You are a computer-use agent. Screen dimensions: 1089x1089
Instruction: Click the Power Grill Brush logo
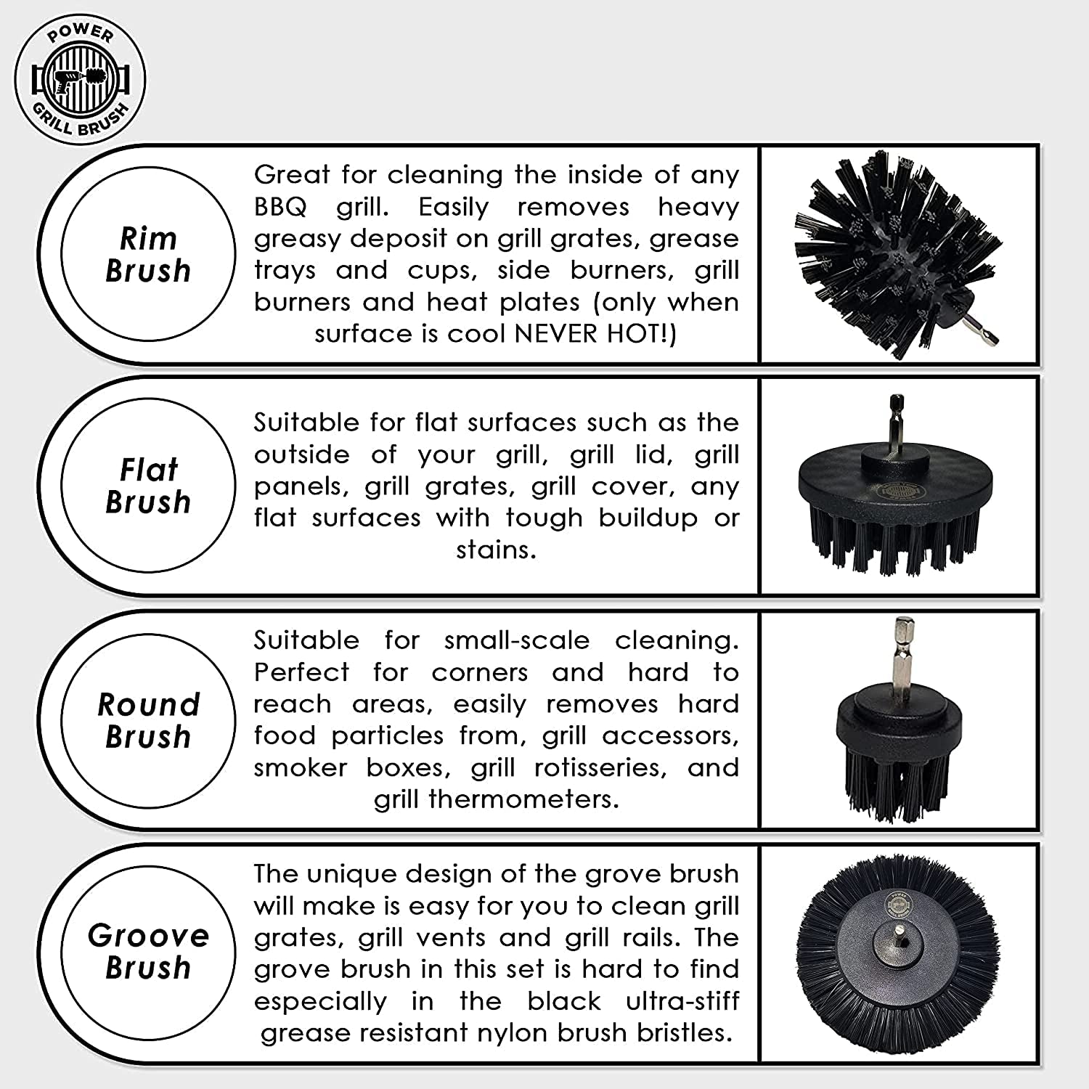(x=80, y=79)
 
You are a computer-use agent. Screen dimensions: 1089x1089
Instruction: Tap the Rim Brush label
(x=148, y=254)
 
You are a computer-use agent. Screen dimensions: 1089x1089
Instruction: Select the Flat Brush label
(x=148, y=486)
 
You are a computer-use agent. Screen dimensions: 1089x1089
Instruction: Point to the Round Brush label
(x=148, y=720)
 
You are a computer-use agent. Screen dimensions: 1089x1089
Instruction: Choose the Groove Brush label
(x=148, y=951)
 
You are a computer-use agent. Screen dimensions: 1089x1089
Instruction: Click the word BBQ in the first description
(x=280, y=207)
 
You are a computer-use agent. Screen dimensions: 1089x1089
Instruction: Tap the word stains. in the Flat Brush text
(x=496, y=550)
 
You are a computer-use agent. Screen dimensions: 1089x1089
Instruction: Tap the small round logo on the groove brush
(x=896, y=903)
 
